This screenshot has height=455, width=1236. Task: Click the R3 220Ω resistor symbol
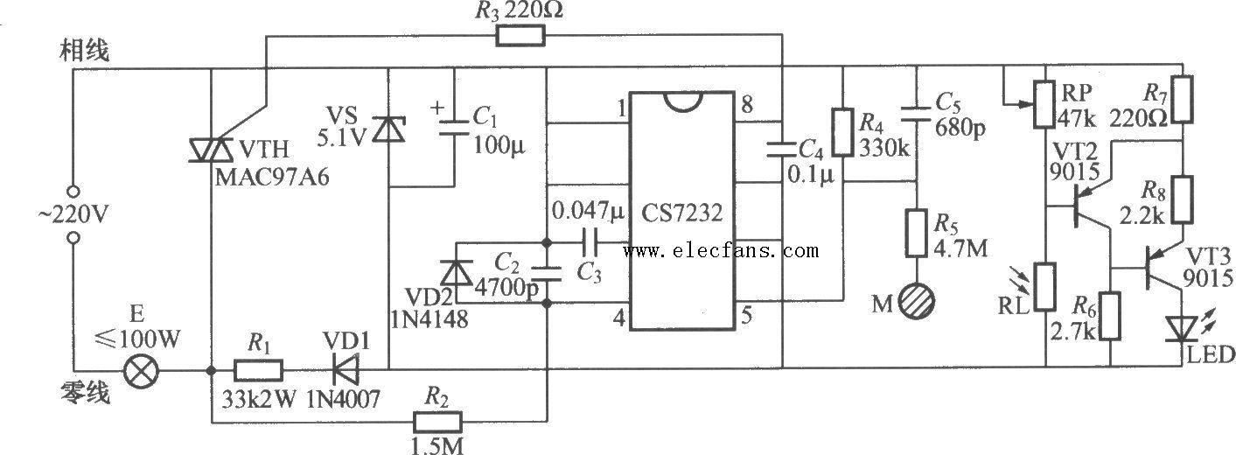point(520,36)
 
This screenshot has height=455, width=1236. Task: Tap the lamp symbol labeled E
point(141,370)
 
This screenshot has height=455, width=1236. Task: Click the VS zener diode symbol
point(388,129)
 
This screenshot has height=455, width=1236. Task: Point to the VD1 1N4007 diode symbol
point(346,370)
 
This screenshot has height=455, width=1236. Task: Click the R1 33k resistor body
point(259,370)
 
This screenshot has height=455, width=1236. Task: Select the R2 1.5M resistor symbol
point(437,422)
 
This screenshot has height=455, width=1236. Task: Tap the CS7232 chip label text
point(682,213)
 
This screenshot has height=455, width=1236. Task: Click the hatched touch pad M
point(917,302)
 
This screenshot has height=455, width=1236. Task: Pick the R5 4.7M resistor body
point(917,233)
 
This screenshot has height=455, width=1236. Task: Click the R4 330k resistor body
point(842,133)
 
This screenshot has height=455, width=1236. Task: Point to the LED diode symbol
point(1182,329)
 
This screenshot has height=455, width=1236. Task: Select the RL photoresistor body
point(1045,287)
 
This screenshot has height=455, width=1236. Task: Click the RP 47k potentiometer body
point(1045,104)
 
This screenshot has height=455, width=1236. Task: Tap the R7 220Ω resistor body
point(1183,99)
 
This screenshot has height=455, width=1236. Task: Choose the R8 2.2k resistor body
point(1183,199)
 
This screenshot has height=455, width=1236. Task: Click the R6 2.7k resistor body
point(1110,316)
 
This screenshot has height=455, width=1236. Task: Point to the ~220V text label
point(73,214)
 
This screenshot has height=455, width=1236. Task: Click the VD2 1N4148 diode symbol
point(457,272)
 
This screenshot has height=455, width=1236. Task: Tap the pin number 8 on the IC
point(747,104)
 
